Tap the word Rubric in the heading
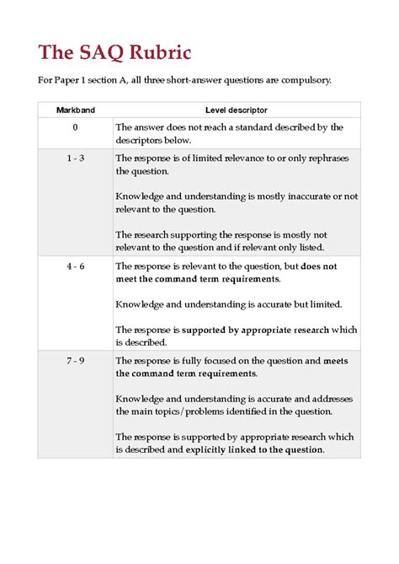160,53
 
